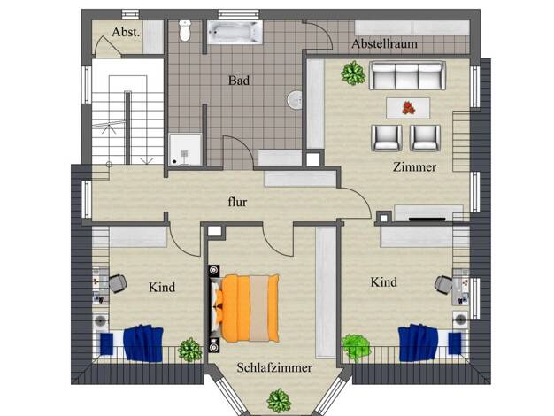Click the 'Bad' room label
point(239,81)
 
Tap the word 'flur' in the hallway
point(237,202)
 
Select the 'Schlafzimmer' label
point(274,367)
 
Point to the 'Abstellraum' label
point(384,44)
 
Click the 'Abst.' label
point(126,32)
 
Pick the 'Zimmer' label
point(414,166)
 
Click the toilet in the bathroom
point(185,30)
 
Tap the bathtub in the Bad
point(235,33)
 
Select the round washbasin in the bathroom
point(294,100)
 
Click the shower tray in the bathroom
point(185,150)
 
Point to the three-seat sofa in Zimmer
point(407,75)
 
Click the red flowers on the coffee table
point(409,108)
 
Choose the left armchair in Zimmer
point(387,138)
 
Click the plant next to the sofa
point(353,73)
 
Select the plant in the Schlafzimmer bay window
point(279,401)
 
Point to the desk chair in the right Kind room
point(442,284)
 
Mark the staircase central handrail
point(127,127)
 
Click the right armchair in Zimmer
point(425,138)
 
